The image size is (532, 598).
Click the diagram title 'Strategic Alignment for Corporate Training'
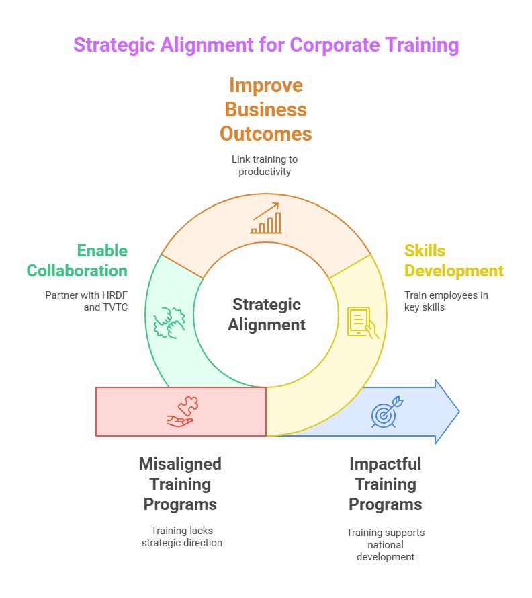pyautogui.click(x=266, y=45)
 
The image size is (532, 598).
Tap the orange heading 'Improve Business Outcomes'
pyautogui.click(x=266, y=109)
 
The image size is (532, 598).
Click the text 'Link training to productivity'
pyautogui.click(x=265, y=165)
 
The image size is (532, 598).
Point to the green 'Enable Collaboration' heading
pyautogui.click(x=77, y=260)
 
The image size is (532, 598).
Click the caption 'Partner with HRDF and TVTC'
pyautogui.click(x=86, y=301)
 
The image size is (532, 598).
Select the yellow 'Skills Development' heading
pyautogui.click(x=453, y=260)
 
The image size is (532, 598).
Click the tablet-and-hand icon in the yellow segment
pyautogui.click(x=362, y=322)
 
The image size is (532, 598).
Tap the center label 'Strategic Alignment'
pyautogui.click(x=266, y=314)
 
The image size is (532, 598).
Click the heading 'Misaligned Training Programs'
pyautogui.click(x=180, y=484)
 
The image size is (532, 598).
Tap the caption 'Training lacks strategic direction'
pyautogui.click(x=181, y=536)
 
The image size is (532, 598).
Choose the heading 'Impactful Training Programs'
pyautogui.click(x=386, y=484)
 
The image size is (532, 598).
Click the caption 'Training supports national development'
pyautogui.click(x=386, y=544)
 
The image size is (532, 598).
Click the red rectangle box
pyautogui.click(x=134, y=412)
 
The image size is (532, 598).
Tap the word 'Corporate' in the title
pyautogui.click(x=334, y=45)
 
